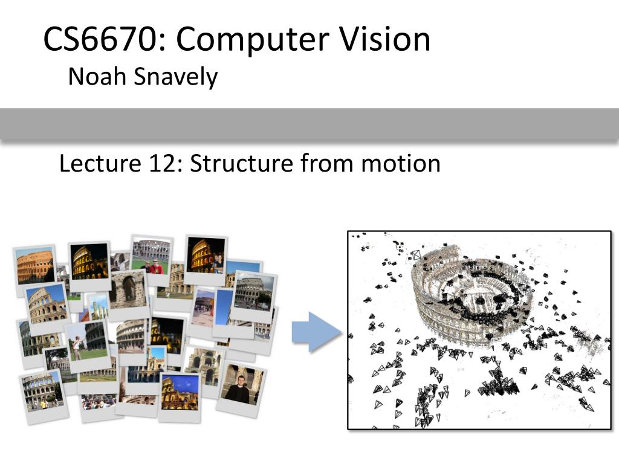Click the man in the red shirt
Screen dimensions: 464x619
[x=156, y=266]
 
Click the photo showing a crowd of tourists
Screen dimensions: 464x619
[x=98, y=401]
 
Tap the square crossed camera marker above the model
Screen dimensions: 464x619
[x=415, y=255]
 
